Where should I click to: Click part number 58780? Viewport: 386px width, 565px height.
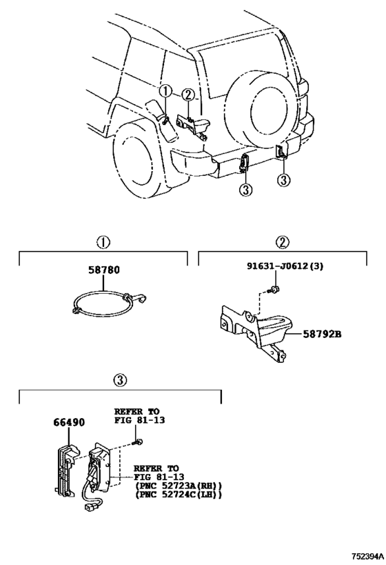(x=103, y=270)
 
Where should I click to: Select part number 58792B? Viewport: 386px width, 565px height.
(x=322, y=334)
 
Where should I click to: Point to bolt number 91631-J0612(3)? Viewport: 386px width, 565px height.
(x=285, y=266)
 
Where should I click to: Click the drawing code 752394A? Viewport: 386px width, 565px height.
(x=367, y=555)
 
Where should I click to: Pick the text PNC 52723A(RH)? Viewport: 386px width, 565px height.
(x=179, y=486)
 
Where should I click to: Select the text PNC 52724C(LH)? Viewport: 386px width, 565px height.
(x=179, y=495)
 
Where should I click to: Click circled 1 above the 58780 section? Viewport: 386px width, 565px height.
(x=103, y=242)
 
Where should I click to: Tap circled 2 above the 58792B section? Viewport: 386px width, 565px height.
(x=283, y=242)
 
